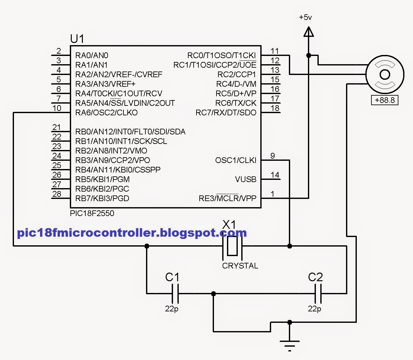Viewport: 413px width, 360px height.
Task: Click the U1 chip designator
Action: (x=77, y=39)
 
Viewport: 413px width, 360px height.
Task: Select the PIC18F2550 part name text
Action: (x=92, y=213)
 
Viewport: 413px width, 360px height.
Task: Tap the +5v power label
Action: (x=305, y=17)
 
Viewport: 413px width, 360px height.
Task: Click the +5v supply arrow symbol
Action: (x=309, y=32)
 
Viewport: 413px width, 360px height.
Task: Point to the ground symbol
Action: (x=290, y=344)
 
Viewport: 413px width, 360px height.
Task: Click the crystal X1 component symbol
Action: (x=232, y=246)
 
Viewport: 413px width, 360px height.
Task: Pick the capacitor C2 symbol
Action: (x=318, y=293)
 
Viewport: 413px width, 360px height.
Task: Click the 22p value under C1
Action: (x=171, y=309)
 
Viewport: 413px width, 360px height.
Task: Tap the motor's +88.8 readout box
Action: (x=385, y=100)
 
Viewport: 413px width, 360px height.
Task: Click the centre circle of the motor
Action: (x=385, y=74)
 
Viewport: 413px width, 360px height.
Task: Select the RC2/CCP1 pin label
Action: (x=236, y=74)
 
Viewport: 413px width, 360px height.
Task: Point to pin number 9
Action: (x=273, y=156)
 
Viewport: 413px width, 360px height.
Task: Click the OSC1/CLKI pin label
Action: (x=236, y=160)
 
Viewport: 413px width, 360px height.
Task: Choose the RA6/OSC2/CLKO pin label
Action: (x=106, y=112)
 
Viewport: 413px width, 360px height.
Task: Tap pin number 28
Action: (x=57, y=194)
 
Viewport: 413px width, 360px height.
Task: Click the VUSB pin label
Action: (x=245, y=179)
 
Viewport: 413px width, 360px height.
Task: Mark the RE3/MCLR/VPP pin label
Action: (x=227, y=198)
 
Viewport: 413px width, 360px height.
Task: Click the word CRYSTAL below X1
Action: (x=240, y=266)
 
